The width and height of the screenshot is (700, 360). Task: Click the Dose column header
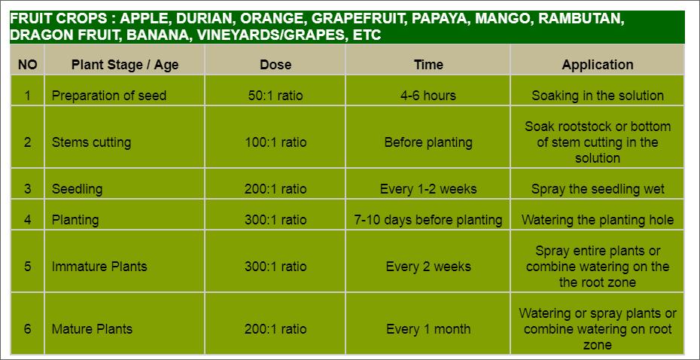tap(275, 65)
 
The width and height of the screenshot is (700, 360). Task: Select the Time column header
tap(428, 65)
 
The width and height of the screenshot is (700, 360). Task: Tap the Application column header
tap(598, 65)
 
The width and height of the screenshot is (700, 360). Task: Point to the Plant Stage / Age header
tap(125, 65)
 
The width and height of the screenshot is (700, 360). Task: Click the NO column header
tap(27, 66)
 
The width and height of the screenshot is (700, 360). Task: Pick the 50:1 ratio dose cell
tap(275, 96)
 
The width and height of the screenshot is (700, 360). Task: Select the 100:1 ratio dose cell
tap(275, 142)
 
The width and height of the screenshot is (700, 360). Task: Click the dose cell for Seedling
tap(275, 189)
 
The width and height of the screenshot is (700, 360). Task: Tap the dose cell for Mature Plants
tap(275, 329)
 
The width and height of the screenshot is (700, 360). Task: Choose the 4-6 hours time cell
tap(428, 96)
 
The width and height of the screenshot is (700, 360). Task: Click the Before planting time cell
tap(428, 142)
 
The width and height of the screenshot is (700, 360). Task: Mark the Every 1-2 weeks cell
tap(428, 189)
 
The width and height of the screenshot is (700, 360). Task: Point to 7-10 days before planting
tap(428, 220)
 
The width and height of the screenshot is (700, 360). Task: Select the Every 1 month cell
tap(428, 329)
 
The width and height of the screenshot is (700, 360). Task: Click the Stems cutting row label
tap(91, 142)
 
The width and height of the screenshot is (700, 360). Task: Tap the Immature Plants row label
tap(99, 267)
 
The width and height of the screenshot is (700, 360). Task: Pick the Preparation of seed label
tap(109, 96)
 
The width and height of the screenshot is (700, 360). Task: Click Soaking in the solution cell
tap(598, 96)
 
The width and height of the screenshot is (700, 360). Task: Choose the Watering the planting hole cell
tap(598, 220)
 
